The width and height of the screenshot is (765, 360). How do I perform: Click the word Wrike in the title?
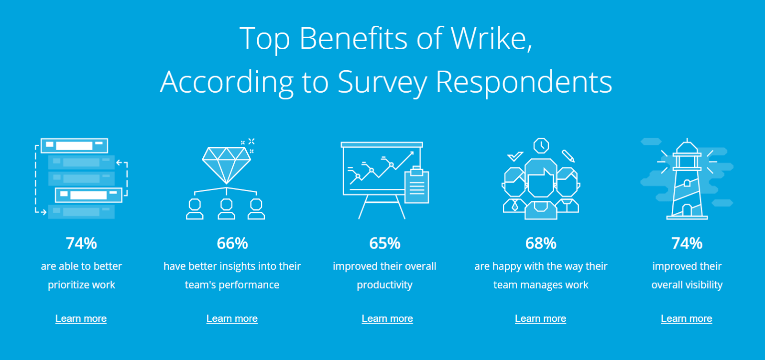[x=491, y=38]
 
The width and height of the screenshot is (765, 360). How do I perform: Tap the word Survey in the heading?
[x=382, y=82]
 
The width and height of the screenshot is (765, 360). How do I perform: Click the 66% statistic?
[x=232, y=243]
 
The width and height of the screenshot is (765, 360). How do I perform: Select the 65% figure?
[x=384, y=243]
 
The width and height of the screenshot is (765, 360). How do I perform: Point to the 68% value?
[x=541, y=243]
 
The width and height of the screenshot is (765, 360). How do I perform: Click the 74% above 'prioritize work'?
[x=81, y=243]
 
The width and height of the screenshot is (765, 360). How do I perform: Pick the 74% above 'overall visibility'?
[x=687, y=243]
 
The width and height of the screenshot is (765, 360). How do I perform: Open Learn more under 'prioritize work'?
[x=81, y=318]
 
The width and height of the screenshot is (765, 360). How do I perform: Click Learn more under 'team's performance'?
[x=232, y=318]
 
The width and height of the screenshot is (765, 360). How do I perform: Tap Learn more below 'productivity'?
[x=387, y=318]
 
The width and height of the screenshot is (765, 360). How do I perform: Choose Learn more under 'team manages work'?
[x=540, y=318]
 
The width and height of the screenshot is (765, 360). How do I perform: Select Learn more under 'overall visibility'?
[x=686, y=318]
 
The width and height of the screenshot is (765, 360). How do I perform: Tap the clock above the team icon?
[x=541, y=145]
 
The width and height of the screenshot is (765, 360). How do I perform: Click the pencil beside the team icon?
[x=568, y=156]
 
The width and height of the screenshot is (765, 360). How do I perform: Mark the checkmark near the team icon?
[x=514, y=156]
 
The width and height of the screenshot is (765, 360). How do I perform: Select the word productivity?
[x=384, y=285]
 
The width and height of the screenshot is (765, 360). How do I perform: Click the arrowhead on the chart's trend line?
[x=411, y=153]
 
